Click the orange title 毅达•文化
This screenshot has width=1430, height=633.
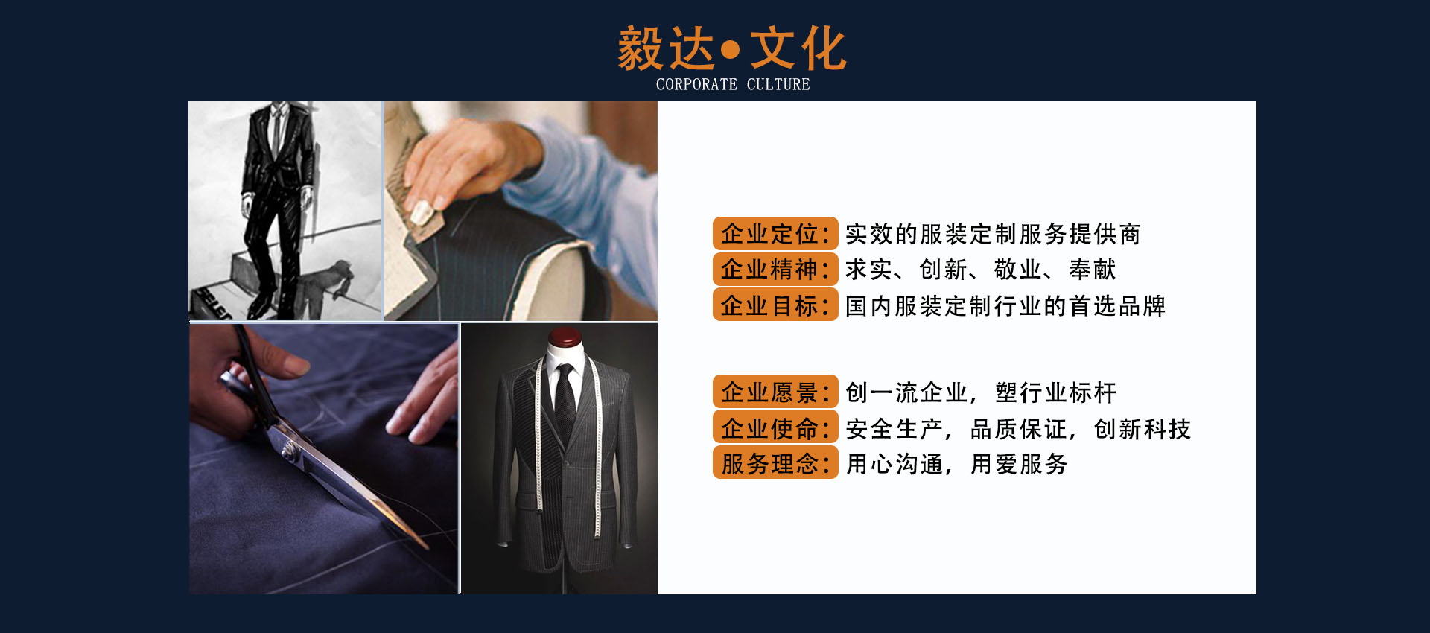[x=732, y=49]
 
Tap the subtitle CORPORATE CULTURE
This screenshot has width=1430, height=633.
[x=733, y=84]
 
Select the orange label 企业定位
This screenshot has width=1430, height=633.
[x=775, y=234]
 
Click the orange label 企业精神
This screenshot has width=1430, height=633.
[x=775, y=269]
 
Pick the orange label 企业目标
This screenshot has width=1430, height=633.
[x=775, y=305]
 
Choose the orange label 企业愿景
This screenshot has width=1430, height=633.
[x=775, y=392]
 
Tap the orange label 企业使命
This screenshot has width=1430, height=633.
[x=775, y=427]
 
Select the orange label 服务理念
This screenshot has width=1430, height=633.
[x=775, y=462]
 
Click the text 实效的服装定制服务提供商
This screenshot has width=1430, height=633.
[x=993, y=234]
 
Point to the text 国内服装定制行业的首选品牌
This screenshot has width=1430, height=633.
[x=1005, y=305]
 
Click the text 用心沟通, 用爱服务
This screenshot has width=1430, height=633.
[x=957, y=464]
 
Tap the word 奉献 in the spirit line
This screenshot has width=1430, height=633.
[x=1092, y=269]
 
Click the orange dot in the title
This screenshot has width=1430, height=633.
[x=731, y=50]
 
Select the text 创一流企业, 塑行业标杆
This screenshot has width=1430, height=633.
[x=981, y=392]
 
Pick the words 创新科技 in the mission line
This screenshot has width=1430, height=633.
[x=1143, y=429]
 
